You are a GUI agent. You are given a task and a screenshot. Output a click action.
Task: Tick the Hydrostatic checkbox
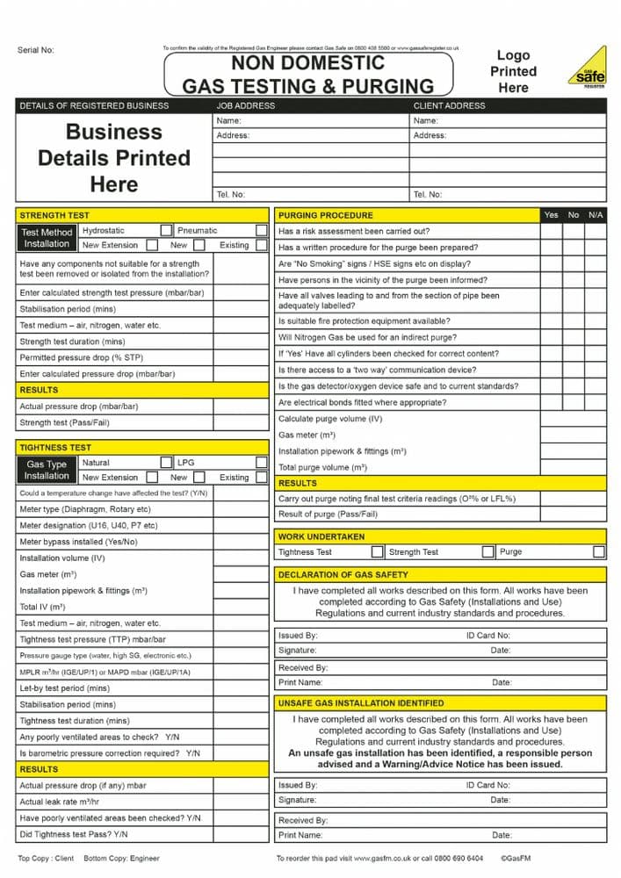point(166,231)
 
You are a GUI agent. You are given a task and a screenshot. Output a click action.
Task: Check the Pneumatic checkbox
point(262,231)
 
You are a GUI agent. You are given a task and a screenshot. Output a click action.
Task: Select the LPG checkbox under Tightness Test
point(262,463)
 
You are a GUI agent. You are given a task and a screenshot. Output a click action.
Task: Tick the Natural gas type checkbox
point(166,463)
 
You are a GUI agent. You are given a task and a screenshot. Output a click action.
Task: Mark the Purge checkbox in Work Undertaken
point(599,552)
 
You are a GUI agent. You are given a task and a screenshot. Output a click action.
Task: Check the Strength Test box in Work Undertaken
point(488,552)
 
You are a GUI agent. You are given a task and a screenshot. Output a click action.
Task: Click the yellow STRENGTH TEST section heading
point(54,215)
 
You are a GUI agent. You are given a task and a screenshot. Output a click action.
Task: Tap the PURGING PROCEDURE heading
point(326,215)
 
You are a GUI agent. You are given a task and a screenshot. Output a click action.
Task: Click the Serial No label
point(36,50)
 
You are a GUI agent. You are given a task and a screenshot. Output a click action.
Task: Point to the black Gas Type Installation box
point(47,470)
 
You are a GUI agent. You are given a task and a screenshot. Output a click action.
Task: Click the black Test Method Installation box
point(47,238)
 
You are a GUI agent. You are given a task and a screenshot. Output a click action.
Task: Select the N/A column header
point(596,215)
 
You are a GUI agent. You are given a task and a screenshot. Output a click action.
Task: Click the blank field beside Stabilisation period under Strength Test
point(240,309)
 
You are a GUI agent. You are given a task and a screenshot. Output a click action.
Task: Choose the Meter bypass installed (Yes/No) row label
point(78,542)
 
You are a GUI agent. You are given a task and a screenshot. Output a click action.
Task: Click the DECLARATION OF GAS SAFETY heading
point(343,575)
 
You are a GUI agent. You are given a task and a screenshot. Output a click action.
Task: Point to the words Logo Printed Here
point(513,71)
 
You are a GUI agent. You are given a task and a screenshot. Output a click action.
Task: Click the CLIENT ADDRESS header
point(449,105)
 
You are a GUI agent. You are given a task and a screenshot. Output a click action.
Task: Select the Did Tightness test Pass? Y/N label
point(74,834)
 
